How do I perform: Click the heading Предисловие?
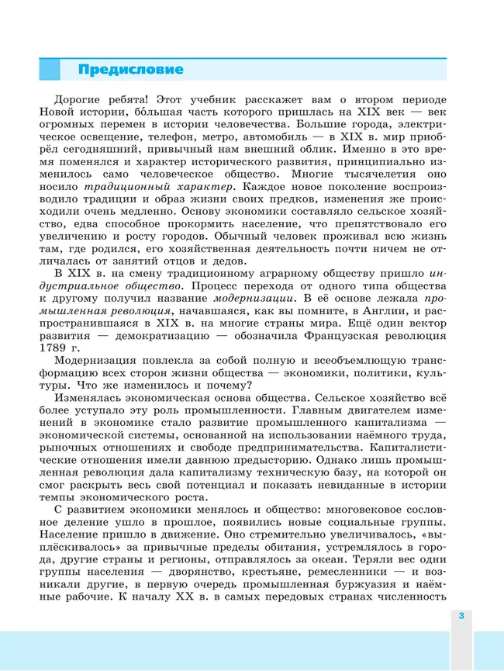point(130,70)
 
